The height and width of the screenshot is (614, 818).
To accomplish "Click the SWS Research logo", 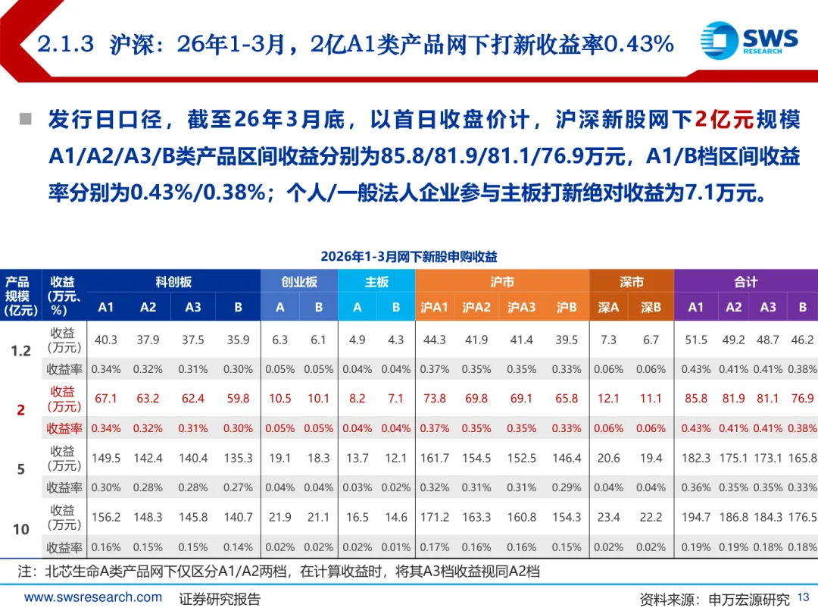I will tap(748, 39).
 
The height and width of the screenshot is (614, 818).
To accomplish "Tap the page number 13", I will tap(804, 599).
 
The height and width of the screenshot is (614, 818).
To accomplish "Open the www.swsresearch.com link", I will tap(93, 597).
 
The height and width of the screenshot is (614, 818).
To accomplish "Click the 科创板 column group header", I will tap(173, 282).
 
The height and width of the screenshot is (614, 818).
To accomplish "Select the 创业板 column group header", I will tap(299, 282).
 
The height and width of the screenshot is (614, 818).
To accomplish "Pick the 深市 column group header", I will tap(631, 282).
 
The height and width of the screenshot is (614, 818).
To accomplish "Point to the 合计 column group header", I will tap(745, 282).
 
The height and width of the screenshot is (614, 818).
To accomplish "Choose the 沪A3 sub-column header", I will tap(521, 307).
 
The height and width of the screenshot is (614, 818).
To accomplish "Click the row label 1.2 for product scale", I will tap(20, 351).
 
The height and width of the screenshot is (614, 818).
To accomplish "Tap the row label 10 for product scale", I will tap(20, 529).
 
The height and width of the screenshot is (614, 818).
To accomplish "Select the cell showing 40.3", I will tap(106, 340).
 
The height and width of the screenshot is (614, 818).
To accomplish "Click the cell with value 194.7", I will tap(696, 517).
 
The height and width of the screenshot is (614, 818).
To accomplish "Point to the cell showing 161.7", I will tap(435, 458).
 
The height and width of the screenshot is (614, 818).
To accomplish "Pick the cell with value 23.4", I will tap(608, 517).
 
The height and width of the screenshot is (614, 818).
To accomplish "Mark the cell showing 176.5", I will tap(802, 517).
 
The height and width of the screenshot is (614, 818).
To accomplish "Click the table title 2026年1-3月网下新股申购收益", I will tap(409, 256).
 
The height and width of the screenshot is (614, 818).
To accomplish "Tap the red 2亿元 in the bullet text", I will tap(724, 120).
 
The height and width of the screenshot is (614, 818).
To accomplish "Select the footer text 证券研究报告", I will tap(220, 599).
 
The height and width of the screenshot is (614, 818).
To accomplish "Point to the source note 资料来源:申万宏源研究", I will tap(714, 599).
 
